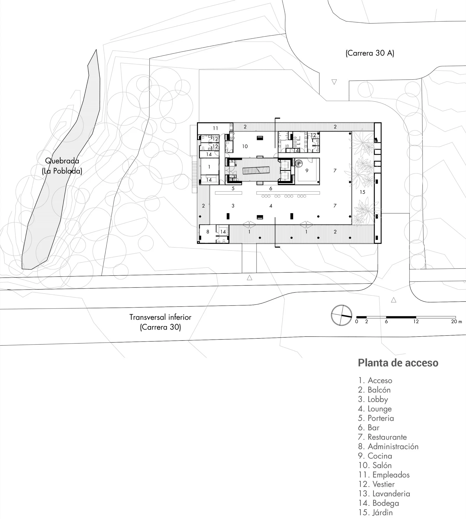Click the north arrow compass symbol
tap(341, 315)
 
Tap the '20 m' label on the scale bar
tap(457, 322)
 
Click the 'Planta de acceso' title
tap(398, 363)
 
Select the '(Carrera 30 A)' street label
tap(370, 53)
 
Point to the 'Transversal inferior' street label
tap(160, 317)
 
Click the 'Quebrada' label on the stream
tap(62, 161)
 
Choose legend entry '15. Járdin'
tap(375, 512)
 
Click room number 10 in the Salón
tap(245, 146)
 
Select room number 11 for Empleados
tap(215, 128)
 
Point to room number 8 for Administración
tap(208, 232)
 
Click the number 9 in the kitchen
tap(307, 170)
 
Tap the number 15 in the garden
tap(362, 192)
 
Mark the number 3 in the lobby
tap(233, 206)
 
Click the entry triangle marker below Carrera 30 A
tap(334, 82)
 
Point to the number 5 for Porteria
tap(233, 188)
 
